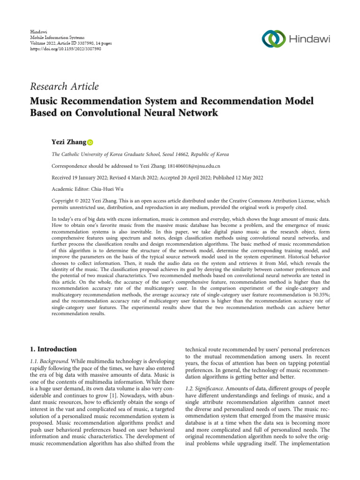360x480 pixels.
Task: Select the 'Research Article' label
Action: coord(64,86)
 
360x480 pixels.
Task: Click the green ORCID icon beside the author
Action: coord(90,142)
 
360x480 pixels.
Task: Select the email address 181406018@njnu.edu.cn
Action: coord(194,166)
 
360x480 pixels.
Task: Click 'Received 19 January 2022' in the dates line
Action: coord(80,178)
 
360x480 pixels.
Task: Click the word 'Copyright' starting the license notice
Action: coord(62,201)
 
